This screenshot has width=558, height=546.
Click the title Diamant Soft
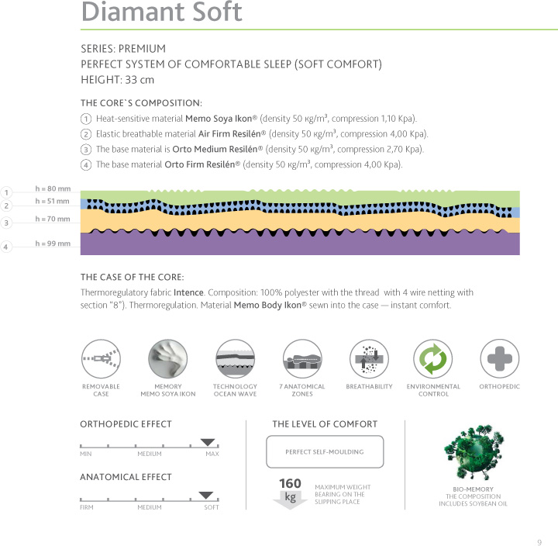(x=162, y=12)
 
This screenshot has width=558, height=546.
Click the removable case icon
(x=101, y=359)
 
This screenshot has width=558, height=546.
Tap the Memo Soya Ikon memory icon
(x=167, y=359)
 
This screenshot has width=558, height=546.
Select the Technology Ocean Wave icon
(x=235, y=359)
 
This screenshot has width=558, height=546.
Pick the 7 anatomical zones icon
(x=301, y=359)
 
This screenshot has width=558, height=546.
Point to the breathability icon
(x=369, y=359)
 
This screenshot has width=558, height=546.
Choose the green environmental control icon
(x=433, y=359)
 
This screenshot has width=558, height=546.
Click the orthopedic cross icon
(x=499, y=359)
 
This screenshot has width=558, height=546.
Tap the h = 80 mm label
(x=53, y=188)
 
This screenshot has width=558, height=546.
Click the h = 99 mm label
(x=53, y=244)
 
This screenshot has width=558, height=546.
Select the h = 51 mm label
(x=53, y=202)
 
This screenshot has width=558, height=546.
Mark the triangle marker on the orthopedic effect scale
(x=207, y=442)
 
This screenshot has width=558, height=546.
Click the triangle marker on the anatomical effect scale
(x=206, y=495)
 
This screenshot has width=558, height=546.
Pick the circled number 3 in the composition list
(x=85, y=150)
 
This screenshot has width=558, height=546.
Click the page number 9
(x=539, y=541)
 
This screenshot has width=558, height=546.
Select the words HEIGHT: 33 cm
(x=117, y=79)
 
